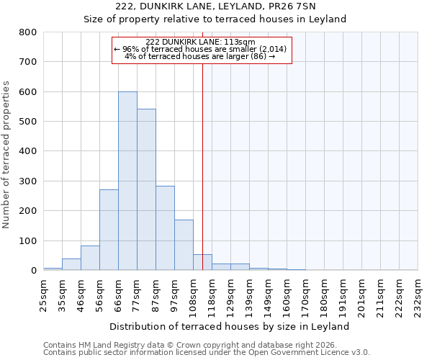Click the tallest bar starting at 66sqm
(127, 181)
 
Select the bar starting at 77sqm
(146, 189)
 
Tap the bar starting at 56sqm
(109, 230)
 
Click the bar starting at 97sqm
(184, 245)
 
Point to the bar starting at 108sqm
(202, 262)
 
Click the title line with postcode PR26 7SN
(230, 6)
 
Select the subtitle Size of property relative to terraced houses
(230, 19)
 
